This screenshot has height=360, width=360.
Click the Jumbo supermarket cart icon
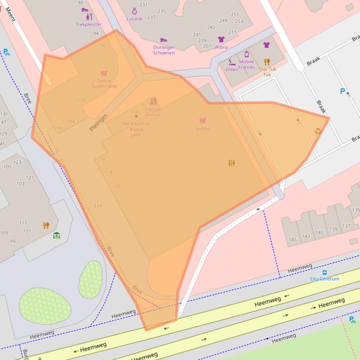[x=202, y=121]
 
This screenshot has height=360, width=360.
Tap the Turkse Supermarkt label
[x=104, y=83]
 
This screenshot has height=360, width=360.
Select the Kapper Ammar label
[x=153, y=112]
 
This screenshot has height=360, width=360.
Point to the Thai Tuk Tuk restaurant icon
[x=267, y=62]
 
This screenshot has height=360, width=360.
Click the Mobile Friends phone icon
[x=247, y=54]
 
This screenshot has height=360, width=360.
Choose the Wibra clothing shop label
[x=221, y=47]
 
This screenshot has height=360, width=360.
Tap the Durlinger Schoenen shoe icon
[x=163, y=40]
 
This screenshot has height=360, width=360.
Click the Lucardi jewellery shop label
[x=134, y=19]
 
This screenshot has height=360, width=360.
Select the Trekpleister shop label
[x=88, y=24]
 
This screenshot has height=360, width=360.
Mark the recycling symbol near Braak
[x=318, y=131]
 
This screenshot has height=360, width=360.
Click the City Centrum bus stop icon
[x=324, y=272]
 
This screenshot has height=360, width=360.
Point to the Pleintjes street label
[x=98, y=122]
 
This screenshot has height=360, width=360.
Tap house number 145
[x=293, y=240]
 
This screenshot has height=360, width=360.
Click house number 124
[x=98, y=206]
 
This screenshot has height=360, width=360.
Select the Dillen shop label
[x=232, y=69]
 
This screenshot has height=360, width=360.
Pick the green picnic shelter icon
[x=57, y=235]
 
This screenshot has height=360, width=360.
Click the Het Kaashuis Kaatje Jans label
[x=136, y=129]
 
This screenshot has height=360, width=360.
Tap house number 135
[x=356, y=210]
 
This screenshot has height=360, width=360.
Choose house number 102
[x=82, y=100]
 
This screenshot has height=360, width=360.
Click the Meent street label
[x=10, y=14]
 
